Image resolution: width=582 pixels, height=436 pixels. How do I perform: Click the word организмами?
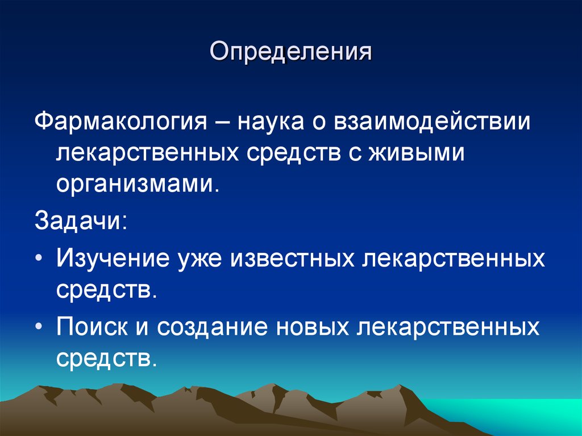point(136,186)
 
